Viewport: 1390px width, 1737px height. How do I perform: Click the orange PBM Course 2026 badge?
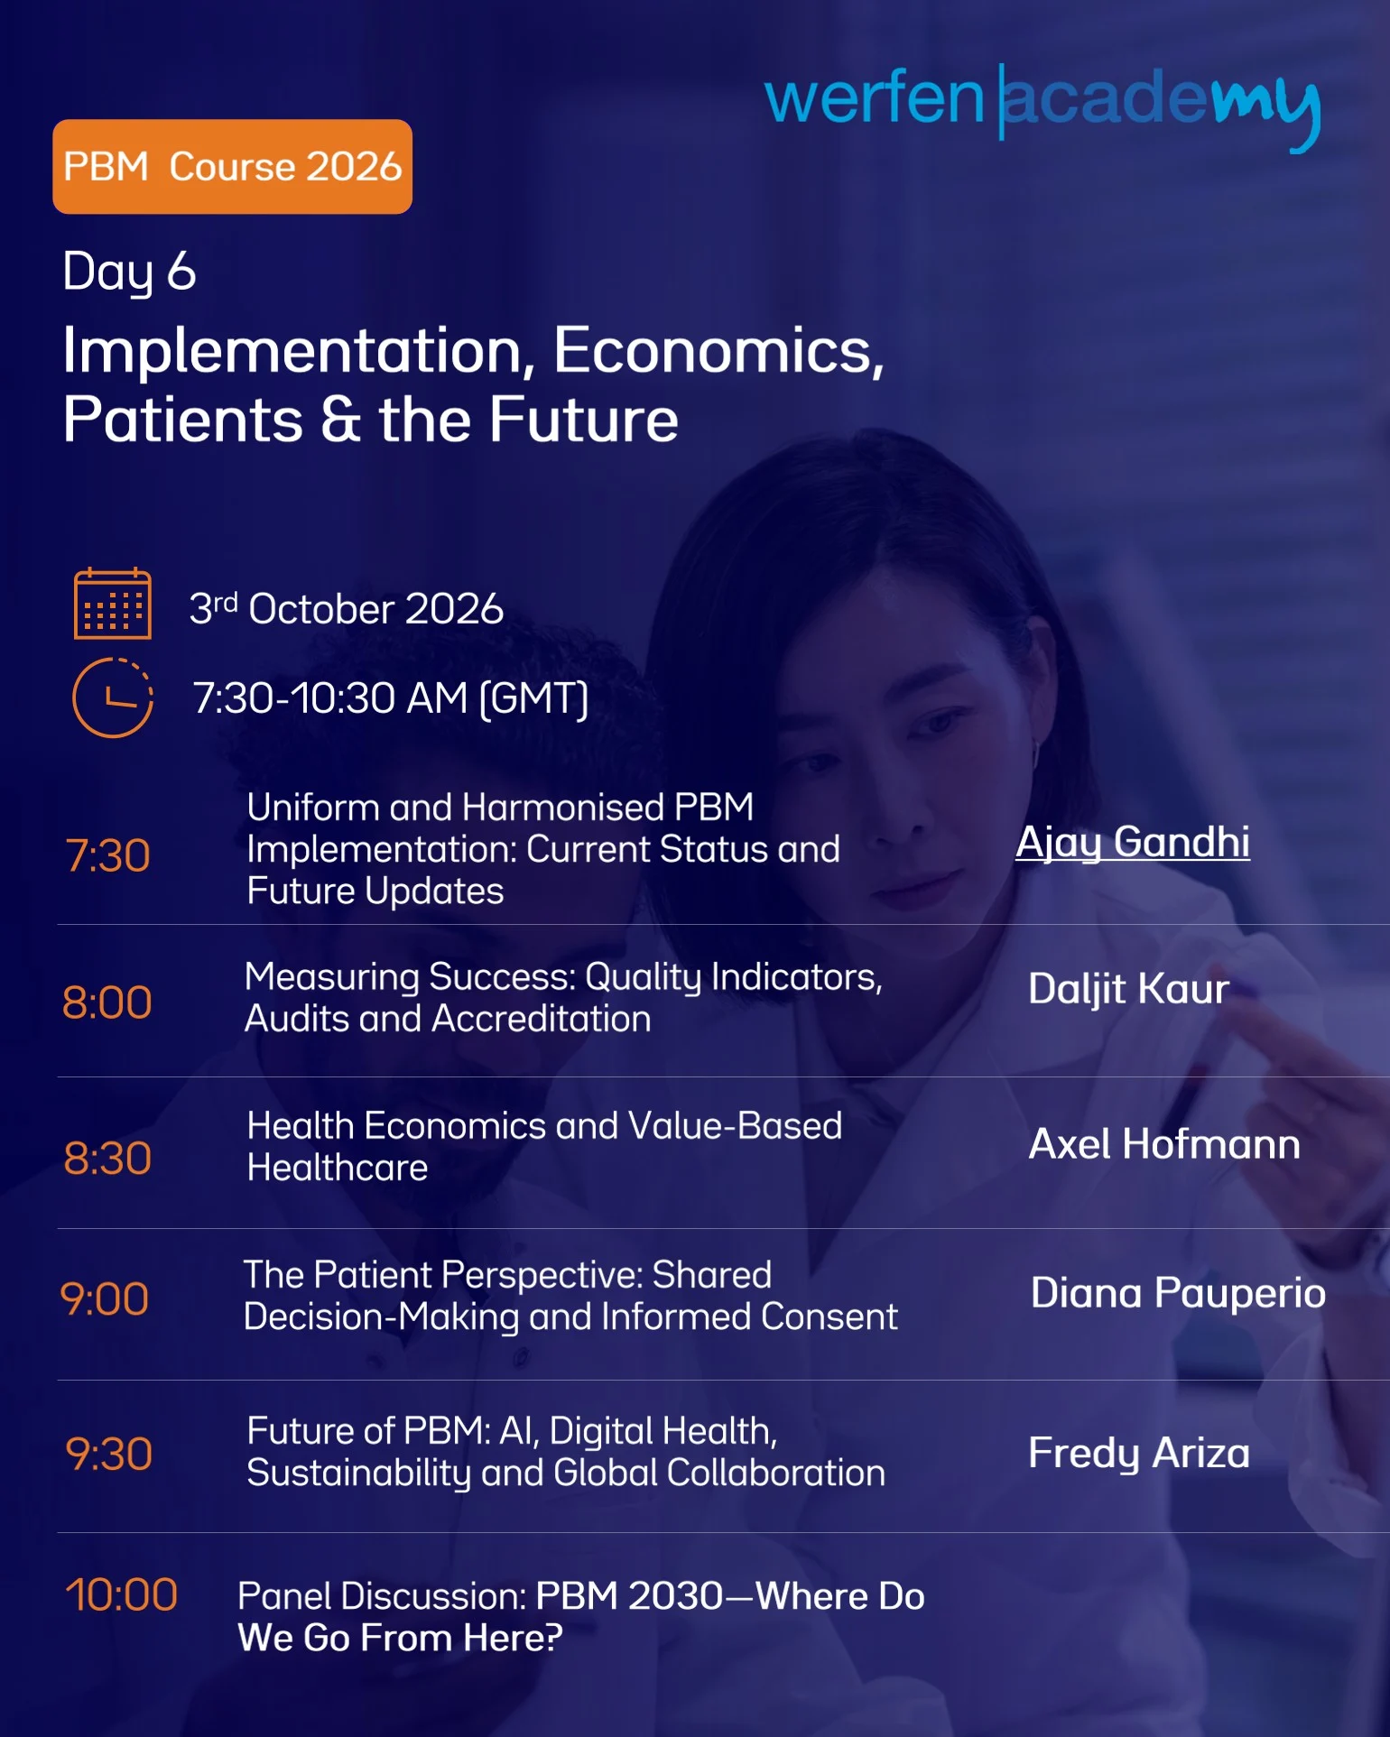click(x=232, y=167)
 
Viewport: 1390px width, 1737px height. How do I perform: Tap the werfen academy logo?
click(x=1042, y=106)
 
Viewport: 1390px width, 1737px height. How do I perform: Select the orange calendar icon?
click(x=113, y=604)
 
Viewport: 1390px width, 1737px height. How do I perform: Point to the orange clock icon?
click(x=113, y=698)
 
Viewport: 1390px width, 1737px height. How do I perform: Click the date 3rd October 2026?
click(x=346, y=609)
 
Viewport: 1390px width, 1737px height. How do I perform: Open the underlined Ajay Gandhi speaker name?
click(x=1133, y=843)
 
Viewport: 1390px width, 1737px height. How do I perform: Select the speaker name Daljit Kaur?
click(x=1128, y=990)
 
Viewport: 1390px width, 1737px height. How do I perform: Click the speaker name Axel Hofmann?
click(x=1164, y=1144)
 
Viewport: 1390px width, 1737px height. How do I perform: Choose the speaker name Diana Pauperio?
click(x=1178, y=1293)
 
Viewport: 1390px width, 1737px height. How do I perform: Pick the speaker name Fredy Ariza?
click(x=1139, y=1454)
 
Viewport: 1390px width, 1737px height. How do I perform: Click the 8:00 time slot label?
click(x=107, y=1002)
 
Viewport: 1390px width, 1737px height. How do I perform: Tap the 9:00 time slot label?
click(x=105, y=1299)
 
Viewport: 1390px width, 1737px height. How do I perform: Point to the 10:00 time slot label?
click(x=121, y=1594)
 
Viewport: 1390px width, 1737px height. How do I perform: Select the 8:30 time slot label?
click(x=107, y=1159)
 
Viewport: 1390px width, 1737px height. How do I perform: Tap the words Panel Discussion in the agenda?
click(x=382, y=1596)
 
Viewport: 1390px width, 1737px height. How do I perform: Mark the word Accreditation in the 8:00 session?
click(x=542, y=1020)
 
